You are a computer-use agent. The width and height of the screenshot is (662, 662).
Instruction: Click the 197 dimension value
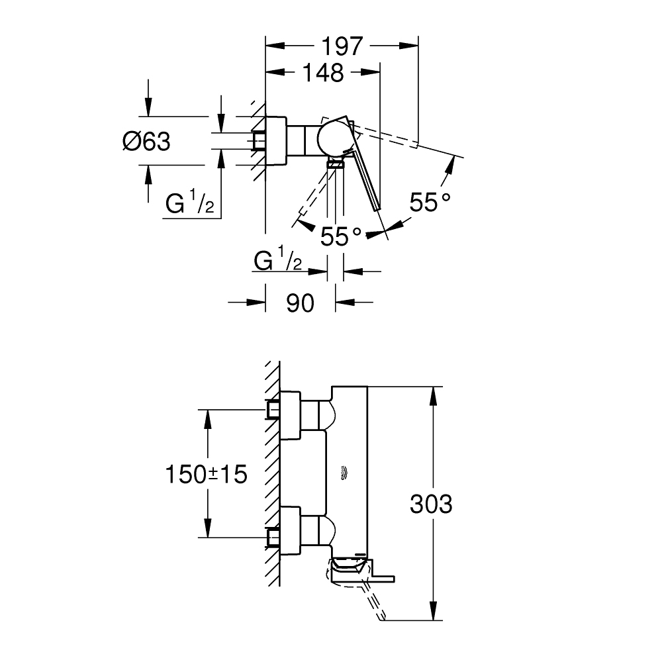point(342,46)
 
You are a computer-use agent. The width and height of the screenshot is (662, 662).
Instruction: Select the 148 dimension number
point(323,73)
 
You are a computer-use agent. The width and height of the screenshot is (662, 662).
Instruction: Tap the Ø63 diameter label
point(146,141)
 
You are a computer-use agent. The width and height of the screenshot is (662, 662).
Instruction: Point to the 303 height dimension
point(431,504)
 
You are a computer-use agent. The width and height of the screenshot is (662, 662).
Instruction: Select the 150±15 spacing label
point(206,474)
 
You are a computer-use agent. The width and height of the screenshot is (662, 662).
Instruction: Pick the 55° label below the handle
point(341,236)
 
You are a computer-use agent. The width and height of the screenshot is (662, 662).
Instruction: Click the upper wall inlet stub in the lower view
point(273,410)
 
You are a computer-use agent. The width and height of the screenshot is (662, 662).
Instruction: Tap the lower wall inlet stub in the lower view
point(273,537)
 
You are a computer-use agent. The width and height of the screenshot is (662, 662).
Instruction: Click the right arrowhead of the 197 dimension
point(410,46)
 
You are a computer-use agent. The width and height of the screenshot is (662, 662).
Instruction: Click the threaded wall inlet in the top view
point(259,141)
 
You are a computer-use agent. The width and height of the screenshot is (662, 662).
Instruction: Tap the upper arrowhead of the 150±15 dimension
point(208,418)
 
